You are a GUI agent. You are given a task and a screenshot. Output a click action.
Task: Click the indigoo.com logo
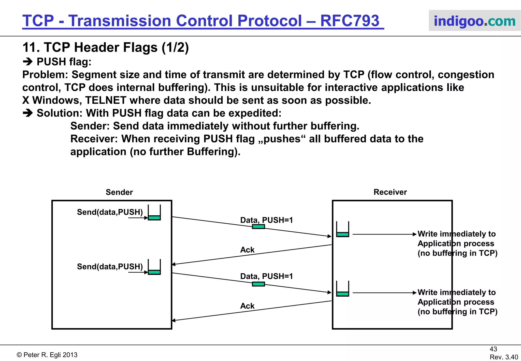pos(474,21)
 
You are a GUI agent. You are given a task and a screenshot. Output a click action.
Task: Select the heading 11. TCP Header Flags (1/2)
pos(106,47)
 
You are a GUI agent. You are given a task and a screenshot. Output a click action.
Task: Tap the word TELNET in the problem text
pos(106,100)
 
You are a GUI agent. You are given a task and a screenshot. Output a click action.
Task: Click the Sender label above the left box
pos(119,192)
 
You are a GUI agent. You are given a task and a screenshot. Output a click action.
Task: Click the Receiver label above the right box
pos(390,192)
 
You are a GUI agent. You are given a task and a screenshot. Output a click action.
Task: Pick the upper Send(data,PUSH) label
pos(110,212)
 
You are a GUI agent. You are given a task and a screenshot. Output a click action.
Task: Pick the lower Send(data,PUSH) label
pos(110,267)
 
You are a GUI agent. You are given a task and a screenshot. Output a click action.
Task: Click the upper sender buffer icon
pos(154,213)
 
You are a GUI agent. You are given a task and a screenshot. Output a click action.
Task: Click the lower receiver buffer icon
pos(342,289)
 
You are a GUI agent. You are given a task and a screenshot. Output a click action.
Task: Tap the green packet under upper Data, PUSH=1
pos(258,227)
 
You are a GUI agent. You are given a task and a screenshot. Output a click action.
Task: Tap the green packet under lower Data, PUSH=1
pos(258,284)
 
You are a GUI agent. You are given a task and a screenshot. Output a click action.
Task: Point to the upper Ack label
pos(247,250)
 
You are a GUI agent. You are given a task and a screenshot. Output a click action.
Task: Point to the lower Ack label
pos(247,306)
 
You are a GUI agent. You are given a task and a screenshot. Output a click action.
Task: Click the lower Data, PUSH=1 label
pos(266,276)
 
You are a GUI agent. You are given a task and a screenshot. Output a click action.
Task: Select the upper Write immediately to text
pos(456,234)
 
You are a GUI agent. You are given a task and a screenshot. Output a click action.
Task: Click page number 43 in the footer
pos(493,349)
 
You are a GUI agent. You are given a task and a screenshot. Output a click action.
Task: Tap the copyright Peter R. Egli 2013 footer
pos(47,355)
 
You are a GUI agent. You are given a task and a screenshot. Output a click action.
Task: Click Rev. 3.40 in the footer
pos(504,357)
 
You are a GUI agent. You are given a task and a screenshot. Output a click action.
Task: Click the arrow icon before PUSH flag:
pos(28,62)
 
